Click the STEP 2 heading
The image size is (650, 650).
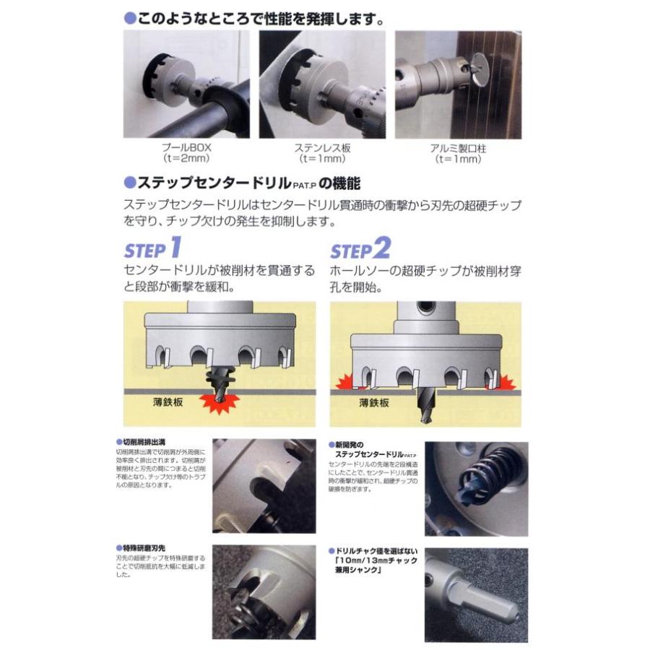(x=360, y=249)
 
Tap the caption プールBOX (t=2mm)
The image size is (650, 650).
(x=186, y=153)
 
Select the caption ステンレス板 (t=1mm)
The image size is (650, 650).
(x=322, y=153)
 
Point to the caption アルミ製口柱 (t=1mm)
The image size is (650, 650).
(x=457, y=153)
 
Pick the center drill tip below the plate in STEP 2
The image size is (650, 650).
(x=426, y=413)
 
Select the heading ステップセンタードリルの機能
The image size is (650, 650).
(x=242, y=183)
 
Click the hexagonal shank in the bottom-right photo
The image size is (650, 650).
(x=498, y=604)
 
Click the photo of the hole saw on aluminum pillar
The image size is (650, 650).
(x=458, y=84)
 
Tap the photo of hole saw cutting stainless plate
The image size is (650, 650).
(x=322, y=84)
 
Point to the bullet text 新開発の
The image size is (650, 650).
(x=352, y=441)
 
